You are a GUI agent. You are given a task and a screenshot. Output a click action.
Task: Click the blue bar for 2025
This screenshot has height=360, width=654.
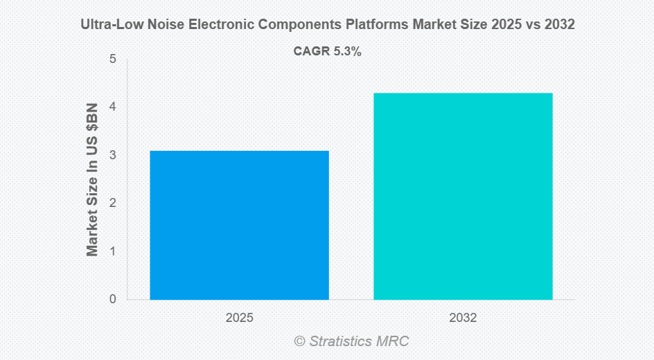tap(239, 225)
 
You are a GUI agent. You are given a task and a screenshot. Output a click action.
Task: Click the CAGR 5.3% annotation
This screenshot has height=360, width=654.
tap(328, 51)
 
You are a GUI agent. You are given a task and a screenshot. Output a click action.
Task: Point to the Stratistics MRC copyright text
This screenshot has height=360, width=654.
tap(351, 341)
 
